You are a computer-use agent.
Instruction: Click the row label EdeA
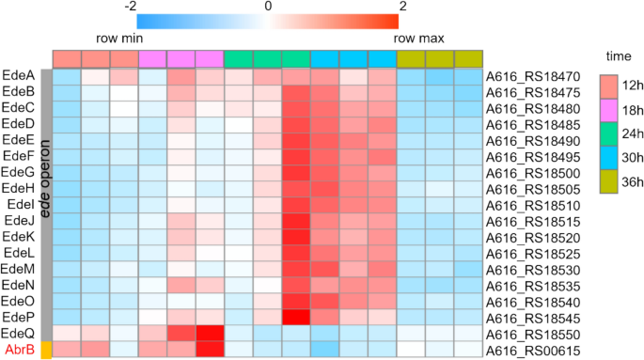click(19, 75)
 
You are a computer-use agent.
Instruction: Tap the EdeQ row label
click(19, 334)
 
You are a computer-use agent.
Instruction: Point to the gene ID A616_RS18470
click(532, 75)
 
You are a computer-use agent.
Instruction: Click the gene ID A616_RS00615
click(532, 351)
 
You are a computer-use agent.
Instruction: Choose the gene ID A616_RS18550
click(532, 335)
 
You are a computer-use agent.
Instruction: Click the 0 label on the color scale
click(269, 7)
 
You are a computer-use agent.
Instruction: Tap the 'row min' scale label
click(119, 39)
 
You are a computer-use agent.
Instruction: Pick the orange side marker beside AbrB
click(45, 350)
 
